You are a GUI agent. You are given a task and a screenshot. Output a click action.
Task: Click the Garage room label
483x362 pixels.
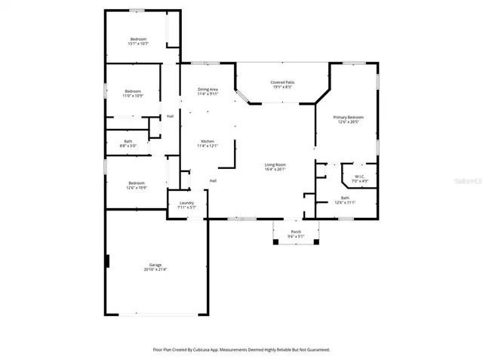pyautogui.click(x=155, y=265)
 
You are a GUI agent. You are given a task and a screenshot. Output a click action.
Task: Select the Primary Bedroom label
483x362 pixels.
pyautogui.click(x=349, y=117)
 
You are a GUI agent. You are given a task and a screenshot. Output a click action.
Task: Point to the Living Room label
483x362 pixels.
pyautogui.click(x=275, y=164)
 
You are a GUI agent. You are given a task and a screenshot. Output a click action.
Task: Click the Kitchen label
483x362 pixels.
pyautogui.click(x=207, y=141)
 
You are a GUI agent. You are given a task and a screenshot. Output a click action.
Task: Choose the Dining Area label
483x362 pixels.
pyautogui.click(x=207, y=89)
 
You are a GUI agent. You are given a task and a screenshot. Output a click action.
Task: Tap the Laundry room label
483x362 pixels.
pyautogui.click(x=186, y=203)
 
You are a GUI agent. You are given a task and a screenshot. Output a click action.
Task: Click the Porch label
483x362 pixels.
pyautogui.click(x=296, y=232)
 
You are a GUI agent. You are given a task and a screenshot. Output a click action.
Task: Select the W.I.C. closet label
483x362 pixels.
pyautogui.click(x=360, y=176)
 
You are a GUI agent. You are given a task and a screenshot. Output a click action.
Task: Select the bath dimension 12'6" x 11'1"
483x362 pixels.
pyautogui.click(x=345, y=202)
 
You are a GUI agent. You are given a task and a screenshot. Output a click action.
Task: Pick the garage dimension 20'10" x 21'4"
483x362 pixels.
pyautogui.click(x=155, y=269)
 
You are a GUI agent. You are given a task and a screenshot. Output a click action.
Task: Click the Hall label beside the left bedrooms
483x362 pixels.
pyautogui.click(x=170, y=115)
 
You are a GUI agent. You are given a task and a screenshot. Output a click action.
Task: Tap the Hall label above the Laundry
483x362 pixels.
pyautogui.click(x=214, y=180)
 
